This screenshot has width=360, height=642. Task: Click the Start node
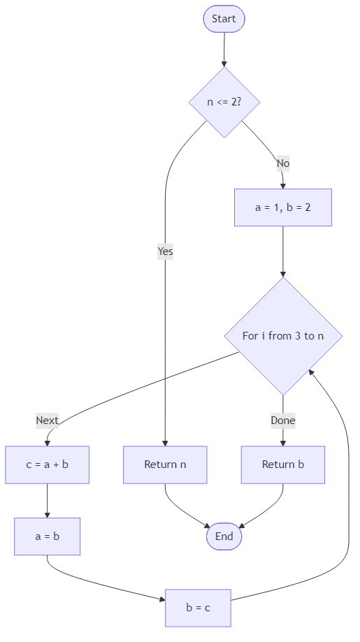224,19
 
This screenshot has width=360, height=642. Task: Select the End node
224,537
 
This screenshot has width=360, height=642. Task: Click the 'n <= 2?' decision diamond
224,102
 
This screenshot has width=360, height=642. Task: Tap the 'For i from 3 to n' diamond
283,336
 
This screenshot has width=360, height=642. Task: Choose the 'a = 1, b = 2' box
283,207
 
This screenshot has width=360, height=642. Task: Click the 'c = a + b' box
47,465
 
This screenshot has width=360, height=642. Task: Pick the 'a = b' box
47,537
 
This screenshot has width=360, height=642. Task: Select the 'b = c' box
198,608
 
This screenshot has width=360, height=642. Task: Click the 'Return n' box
165,465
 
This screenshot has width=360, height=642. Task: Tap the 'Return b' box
283,465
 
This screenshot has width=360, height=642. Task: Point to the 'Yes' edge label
165,251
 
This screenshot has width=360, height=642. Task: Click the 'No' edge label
282,163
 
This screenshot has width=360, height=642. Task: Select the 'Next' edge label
47,421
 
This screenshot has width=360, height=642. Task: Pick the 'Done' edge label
283,421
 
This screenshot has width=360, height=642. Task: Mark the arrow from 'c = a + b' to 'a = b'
47,500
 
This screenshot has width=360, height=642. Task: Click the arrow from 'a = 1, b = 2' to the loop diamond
283,251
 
